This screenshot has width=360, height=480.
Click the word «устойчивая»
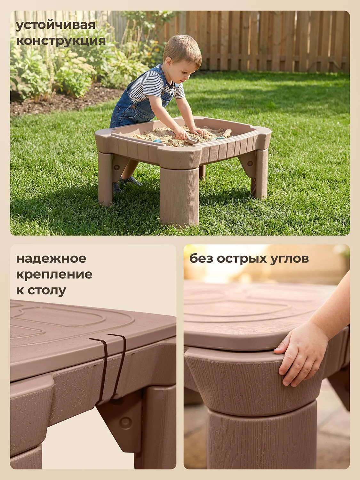(55, 26)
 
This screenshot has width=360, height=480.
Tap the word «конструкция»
(61, 41)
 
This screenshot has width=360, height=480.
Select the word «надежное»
(51, 259)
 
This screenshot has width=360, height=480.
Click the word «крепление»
(54, 275)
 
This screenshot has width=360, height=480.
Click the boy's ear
(169, 62)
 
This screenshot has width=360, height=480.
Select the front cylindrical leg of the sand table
(179, 196)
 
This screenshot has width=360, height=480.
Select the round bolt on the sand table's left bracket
(116, 167)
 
